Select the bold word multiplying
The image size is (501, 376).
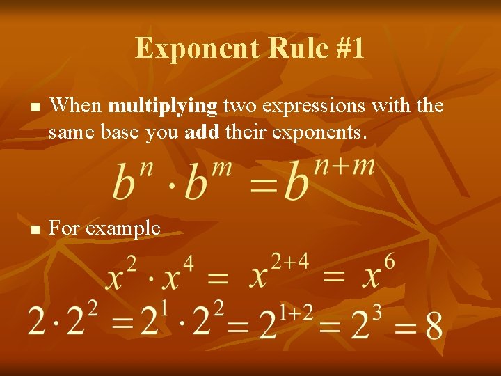(164, 106)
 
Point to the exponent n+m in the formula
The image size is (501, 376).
(346, 167)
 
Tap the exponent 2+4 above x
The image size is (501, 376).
(289, 261)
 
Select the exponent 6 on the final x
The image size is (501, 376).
(389, 261)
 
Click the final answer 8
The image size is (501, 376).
(434, 326)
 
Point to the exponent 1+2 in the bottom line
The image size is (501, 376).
(296, 311)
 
